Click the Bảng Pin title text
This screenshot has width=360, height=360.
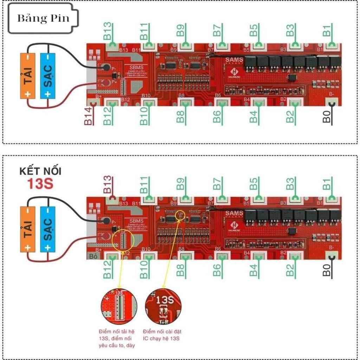43,18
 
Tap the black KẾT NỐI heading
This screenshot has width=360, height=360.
40,172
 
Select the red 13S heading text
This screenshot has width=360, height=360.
40,184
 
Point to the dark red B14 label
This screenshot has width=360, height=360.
88,116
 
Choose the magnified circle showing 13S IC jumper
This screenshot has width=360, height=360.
163,306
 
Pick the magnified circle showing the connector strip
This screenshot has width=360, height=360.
118,306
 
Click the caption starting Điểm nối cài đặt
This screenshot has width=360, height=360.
162,335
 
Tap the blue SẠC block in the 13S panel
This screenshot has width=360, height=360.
48,229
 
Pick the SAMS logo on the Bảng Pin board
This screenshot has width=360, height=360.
234,60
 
